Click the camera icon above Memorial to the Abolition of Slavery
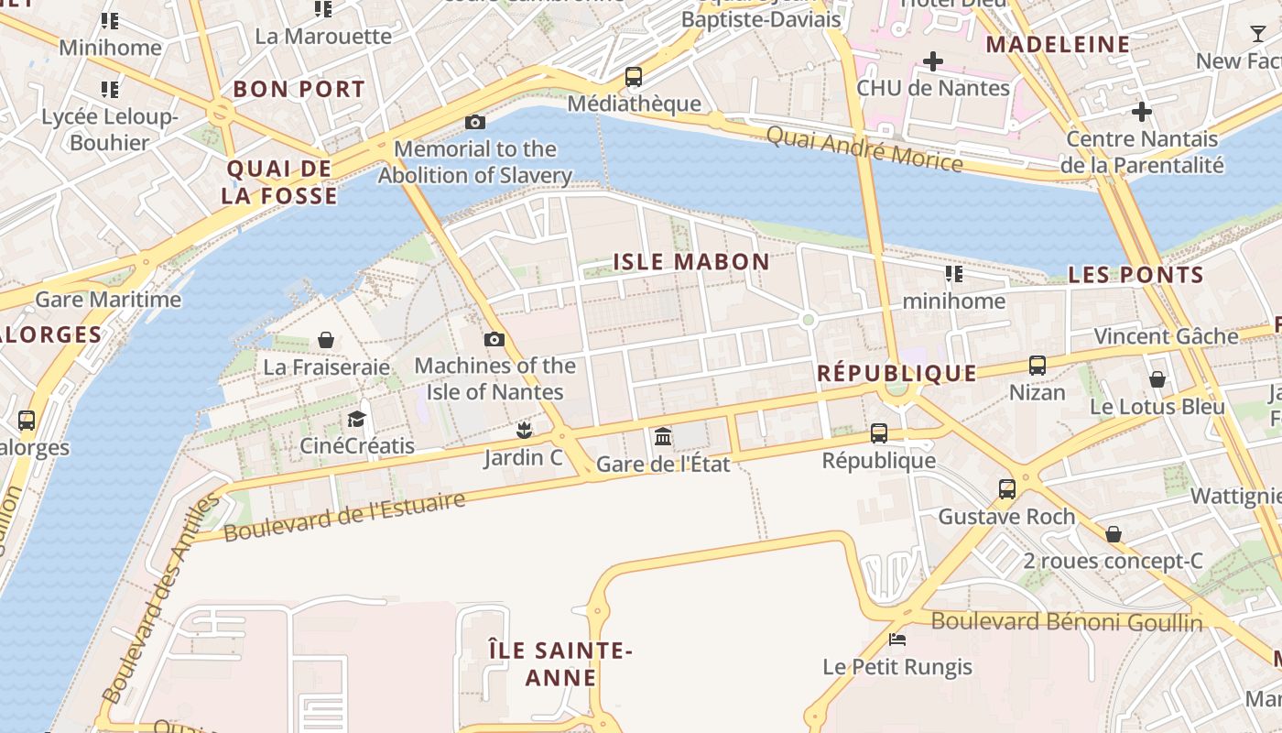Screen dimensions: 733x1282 pos(474,122)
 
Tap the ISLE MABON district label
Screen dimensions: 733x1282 pos(691,262)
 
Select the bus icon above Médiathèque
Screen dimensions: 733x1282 pos(634,77)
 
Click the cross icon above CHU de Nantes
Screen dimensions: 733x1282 pos(933,61)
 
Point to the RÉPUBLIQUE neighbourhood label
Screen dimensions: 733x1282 pos(896,373)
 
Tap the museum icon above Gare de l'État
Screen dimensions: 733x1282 pos(663,436)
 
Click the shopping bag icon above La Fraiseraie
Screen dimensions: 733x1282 pos(326,340)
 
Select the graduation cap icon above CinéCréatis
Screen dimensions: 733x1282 pos(356,419)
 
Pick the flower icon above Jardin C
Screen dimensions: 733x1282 pos(524,430)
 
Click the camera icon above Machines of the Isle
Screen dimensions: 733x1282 pos(494,339)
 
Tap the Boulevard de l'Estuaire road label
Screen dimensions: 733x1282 pos(344,517)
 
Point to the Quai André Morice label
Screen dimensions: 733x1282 pos(864,149)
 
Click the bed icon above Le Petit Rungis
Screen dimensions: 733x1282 pos(897,639)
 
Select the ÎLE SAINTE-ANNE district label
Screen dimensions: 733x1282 pos(560,664)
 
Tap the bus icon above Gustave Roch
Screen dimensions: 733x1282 pos(1007,488)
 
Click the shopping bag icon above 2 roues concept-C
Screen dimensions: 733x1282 pos(1114,533)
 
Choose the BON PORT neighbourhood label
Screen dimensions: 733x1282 pos(299,89)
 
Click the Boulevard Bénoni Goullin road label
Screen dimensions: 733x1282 pos(1067,622)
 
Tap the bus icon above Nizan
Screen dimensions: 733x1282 pos(1038,365)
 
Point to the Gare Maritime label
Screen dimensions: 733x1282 pos(108,300)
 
